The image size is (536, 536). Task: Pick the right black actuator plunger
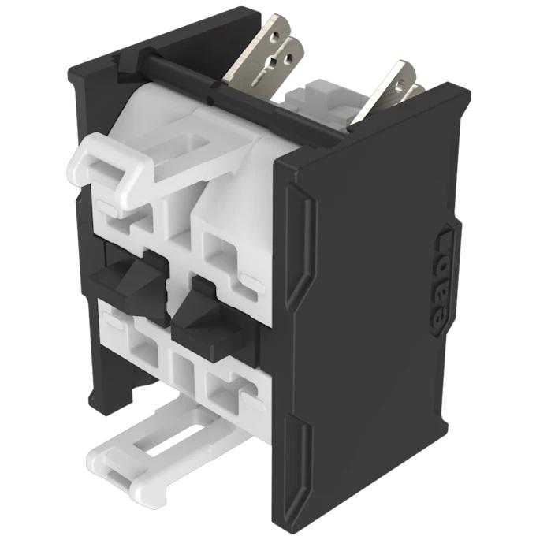click(x=207, y=315)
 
